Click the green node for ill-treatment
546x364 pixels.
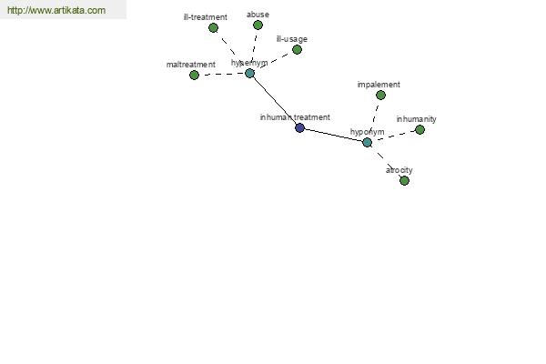(x=213, y=28)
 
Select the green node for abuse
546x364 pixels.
(x=258, y=25)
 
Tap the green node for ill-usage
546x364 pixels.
(x=297, y=50)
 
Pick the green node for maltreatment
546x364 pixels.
(x=194, y=75)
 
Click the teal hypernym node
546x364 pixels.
(x=249, y=73)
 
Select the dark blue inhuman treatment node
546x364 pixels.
(x=299, y=127)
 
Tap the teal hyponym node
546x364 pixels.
(x=367, y=142)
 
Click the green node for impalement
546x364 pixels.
(x=380, y=95)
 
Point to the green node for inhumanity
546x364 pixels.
(x=420, y=130)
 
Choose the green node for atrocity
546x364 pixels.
(x=404, y=180)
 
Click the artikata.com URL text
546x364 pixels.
(x=56, y=10)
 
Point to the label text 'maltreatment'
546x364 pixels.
(x=191, y=65)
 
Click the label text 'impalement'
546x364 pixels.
(x=379, y=85)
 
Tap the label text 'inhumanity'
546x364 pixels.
(x=416, y=119)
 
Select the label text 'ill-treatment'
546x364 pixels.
(x=206, y=17)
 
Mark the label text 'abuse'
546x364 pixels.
(x=258, y=15)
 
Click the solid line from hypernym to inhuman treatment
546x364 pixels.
(x=275, y=100)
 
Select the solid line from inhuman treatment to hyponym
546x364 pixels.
(x=333, y=136)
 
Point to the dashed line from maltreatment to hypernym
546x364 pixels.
(x=222, y=75)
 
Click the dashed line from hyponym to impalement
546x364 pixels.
(x=374, y=118)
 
